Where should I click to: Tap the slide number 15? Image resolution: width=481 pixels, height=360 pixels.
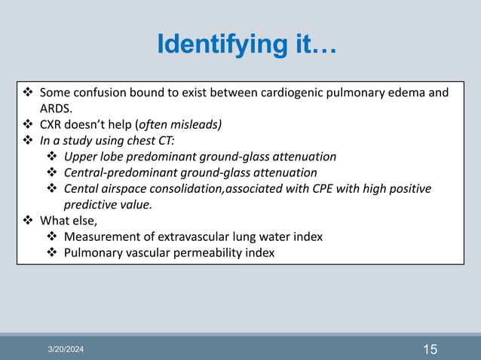430,349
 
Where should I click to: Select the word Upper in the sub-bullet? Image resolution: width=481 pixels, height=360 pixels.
81,157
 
